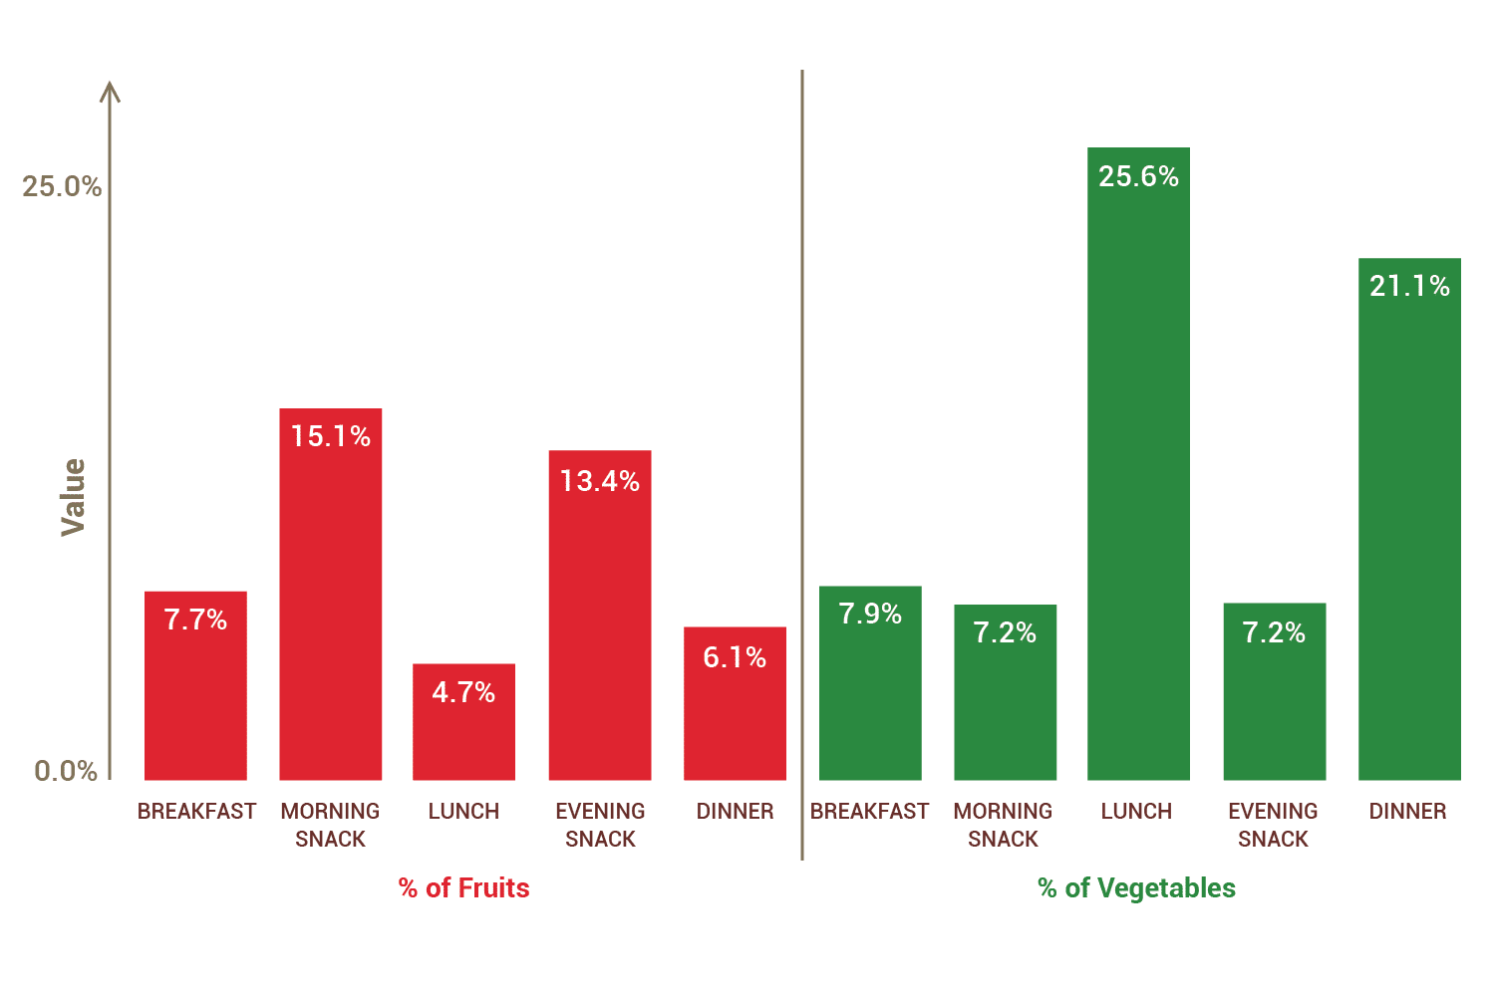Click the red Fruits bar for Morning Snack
point(330,608)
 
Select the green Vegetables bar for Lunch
point(1138,478)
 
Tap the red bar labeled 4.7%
point(463,737)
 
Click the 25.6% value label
point(1138,176)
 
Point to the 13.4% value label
point(599,481)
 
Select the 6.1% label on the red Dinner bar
point(735,657)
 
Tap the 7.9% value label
point(870,614)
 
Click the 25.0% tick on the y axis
point(62,186)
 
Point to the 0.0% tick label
point(66,771)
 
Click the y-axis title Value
point(73,497)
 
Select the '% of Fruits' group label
point(463,887)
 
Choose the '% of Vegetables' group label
point(1136,887)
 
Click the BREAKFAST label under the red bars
point(196,812)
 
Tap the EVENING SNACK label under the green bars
point(1273,825)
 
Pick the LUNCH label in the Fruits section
point(463,812)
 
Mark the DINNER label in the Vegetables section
point(1407,812)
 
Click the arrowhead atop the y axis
point(111,92)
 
